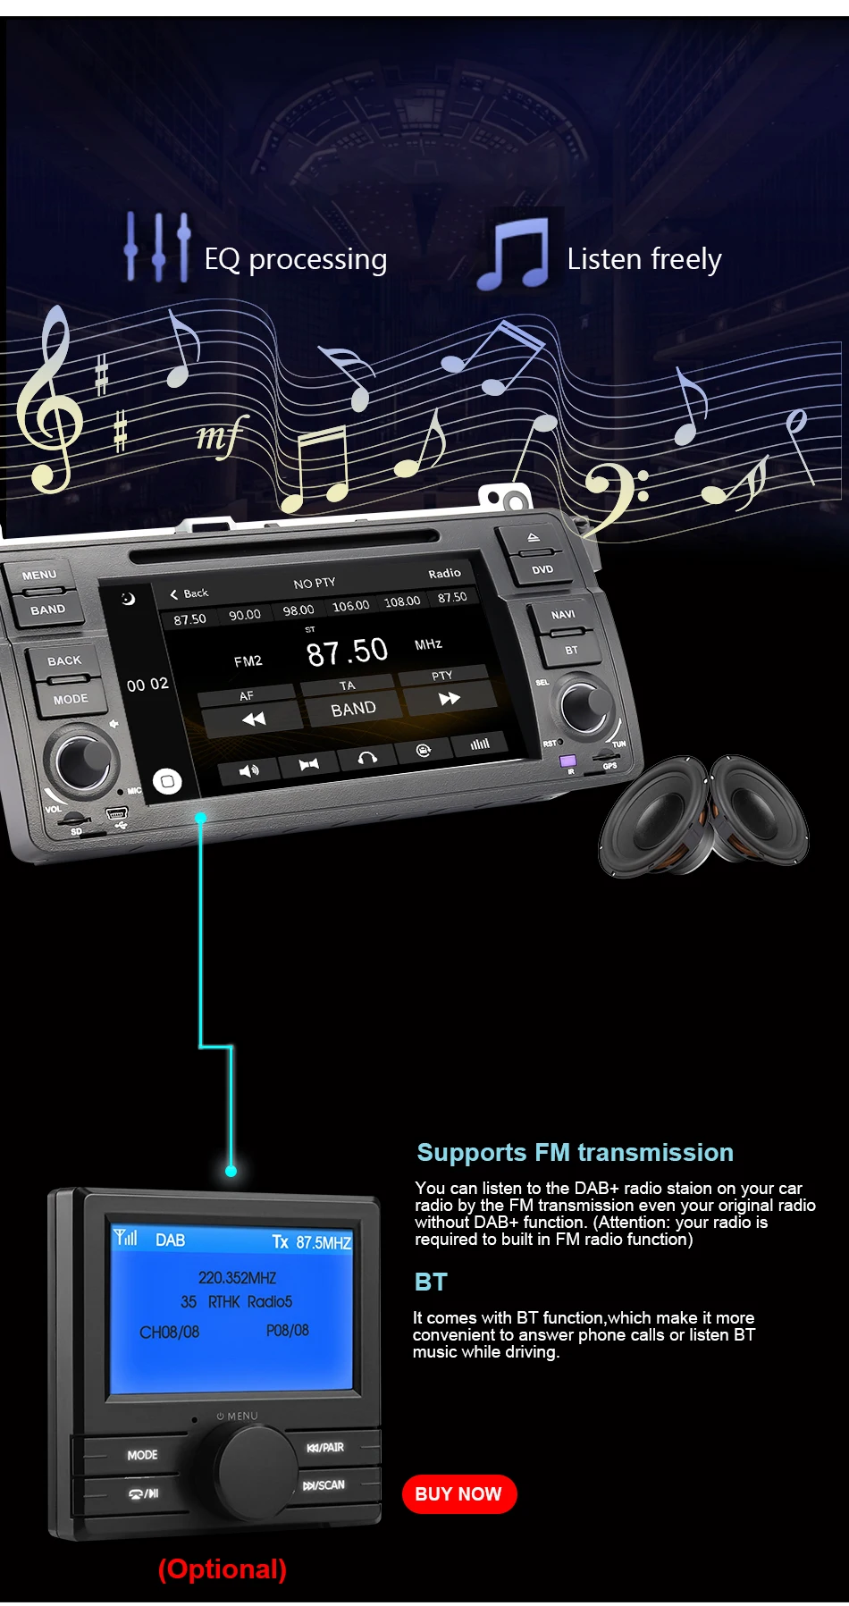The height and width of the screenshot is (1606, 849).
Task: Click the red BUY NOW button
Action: (x=459, y=1493)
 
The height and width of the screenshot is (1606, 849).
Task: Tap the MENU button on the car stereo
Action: (x=39, y=575)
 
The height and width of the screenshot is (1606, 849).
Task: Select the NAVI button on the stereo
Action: (x=563, y=614)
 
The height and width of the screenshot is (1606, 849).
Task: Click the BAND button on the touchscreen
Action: (x=354, y=709)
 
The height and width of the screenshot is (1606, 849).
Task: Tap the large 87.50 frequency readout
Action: (x=348, y=652)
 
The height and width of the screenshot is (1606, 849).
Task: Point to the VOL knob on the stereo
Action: (x=82, y=761)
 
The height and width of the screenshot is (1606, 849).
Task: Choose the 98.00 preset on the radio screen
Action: (x=298, y=610)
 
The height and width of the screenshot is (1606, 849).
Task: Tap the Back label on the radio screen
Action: (x=190, y=593)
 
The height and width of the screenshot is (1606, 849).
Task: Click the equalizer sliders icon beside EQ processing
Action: (x=157, y=248)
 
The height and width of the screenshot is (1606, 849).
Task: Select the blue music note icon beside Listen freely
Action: (x=514, y=254)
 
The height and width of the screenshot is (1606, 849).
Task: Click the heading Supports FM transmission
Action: (x=575, y=1152)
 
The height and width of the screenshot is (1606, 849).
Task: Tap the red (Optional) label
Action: (x=223, y=1568)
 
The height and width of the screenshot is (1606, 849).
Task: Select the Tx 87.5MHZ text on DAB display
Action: (x=312, y=1242)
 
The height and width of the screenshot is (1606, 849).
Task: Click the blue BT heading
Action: (x=431, y=1282)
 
